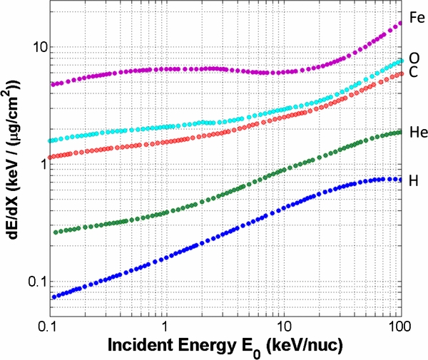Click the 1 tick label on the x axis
[x=165, y=325]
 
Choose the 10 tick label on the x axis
[x=283, y=325]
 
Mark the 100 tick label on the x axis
[x=399, y=325]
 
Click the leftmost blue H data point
[x=53, y=297]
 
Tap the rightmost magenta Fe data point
[x=401, y=23]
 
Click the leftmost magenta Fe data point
[x=53, y=84]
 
